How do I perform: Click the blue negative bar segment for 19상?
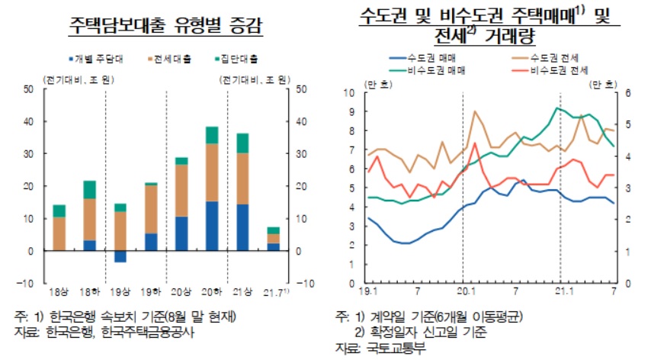119,256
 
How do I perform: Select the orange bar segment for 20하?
211,172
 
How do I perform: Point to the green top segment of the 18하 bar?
89,189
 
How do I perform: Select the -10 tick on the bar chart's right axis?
299,283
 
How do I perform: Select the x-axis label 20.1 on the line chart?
463,291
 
